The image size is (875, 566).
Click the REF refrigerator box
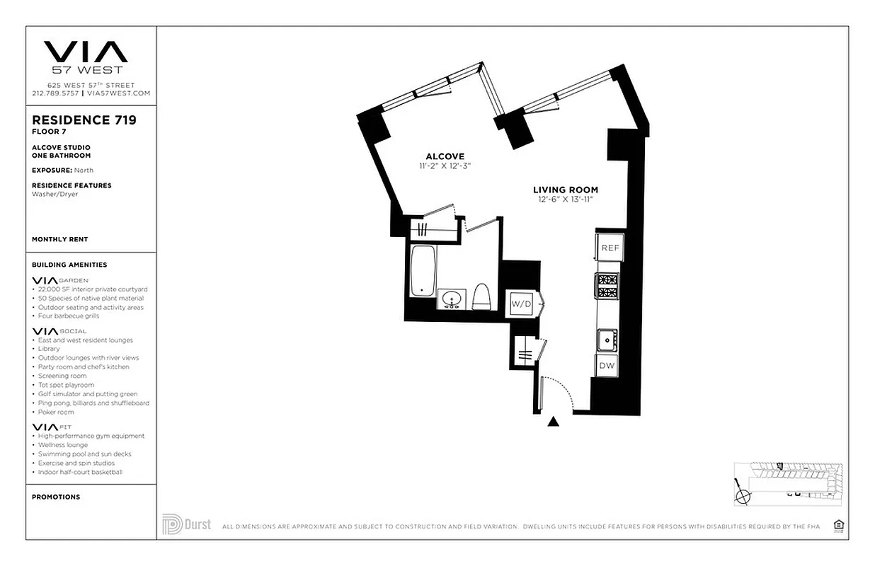click(x=610, y=248)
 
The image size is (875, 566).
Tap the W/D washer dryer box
click(x=521, y=304)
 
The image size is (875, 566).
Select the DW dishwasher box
click(x=607, y=366)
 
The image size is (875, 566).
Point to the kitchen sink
click(x=606, y=340)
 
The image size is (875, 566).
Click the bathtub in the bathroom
click(x=422, y=270)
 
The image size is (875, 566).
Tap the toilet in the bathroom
click(x=481, y=296)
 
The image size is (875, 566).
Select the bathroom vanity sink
click(x=450, y=300)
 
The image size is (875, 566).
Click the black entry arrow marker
click(x=554, y=422)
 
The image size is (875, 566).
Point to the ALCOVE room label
click(x=445, y=156)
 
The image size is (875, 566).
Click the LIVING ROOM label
click(x=565, y=190)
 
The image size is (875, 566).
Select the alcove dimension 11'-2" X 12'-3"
click(x=445, y=166)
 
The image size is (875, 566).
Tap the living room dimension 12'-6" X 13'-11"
click(x=565, y=200)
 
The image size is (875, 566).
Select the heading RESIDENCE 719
click(x=84, y=120)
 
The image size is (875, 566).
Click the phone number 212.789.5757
click(x=55, y=93)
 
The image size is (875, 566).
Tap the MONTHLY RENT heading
click(x=60, y=239)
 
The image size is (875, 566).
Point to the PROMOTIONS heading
click(x=56, y=497)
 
